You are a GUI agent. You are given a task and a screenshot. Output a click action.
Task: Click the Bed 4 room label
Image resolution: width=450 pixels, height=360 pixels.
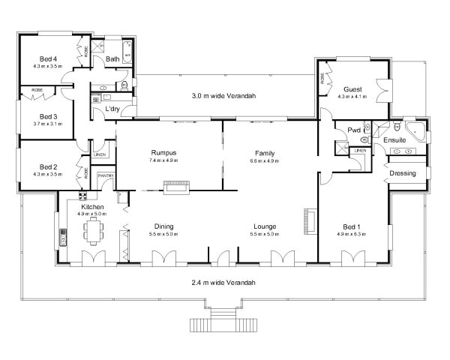[x=48, y=58]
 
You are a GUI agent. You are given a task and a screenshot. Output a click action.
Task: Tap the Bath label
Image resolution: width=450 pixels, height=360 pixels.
[x=112, y=59]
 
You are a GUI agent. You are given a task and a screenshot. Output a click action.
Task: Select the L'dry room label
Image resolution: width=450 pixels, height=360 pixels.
[x=113, y=110]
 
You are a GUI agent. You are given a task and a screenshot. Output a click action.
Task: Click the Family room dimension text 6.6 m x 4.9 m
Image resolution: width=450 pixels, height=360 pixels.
[x=264, y=160]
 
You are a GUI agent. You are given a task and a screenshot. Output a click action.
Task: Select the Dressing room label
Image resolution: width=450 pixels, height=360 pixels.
[x=402, y=174]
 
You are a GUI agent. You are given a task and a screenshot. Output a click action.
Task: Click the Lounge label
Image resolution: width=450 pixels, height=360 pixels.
[x=264, y=226]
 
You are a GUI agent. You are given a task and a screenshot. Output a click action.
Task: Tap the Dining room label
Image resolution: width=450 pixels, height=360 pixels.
[x=164, y=226]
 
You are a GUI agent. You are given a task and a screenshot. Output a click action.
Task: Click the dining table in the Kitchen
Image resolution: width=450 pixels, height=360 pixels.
[x=93, y=229]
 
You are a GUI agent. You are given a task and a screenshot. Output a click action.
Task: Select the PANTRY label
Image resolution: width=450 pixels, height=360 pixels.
[x=106, y=176]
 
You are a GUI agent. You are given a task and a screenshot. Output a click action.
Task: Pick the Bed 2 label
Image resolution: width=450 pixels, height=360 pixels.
[x=48, y=166]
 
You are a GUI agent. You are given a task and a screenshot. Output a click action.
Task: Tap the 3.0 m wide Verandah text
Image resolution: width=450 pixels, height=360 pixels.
[x=224, y=96]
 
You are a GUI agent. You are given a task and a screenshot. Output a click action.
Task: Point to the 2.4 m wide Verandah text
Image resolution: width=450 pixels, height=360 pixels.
[x=224, y=283]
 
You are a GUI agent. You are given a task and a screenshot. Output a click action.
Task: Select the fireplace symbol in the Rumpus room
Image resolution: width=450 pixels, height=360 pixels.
[x=178, y=186]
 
